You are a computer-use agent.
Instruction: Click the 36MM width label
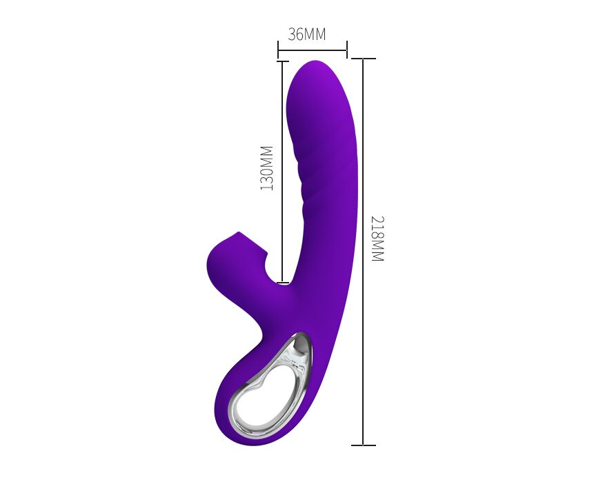pyautogui.click(x=307, y=34)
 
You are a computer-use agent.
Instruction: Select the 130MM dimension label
pyautogui.click(x=266, y=168)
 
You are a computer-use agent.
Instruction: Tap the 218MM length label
pyautogui.click(x=377, y=239)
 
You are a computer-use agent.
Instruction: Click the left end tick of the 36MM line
pyautogui.click(x=278, y=50)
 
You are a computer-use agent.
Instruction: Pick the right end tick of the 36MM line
pyautogui.click(x=347, y=50)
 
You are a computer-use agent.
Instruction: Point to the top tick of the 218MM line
pyautogui.click(x=364, y=59)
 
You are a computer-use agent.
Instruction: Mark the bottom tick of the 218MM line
pyautogui.click(x=364, y=445)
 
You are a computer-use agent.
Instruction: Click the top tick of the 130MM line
pyautogui.click(x=283, y=61)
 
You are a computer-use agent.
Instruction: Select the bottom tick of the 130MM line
pyautogui.click(x=283, y=283)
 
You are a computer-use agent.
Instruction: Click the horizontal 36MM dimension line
pyautogui.click(x=313, y=50)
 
